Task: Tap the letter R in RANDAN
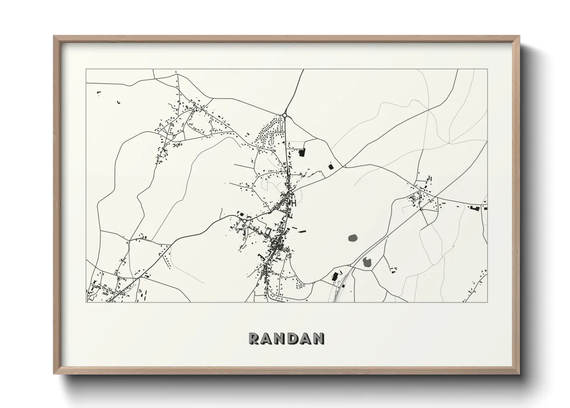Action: coord(255,338)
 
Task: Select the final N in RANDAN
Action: coord(318,338)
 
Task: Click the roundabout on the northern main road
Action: coord(285,115)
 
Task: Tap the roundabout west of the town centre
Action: coord(244,221)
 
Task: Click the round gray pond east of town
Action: coord(353,238)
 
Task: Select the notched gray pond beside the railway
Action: coord(367,263)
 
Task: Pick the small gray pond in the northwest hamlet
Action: coord(187,108)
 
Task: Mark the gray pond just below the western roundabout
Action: coord(243,225)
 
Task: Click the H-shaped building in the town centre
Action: coord(294,202)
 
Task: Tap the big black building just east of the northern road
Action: coord(302,153)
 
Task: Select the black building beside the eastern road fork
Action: coord(330,167)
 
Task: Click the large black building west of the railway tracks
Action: coord(335,276)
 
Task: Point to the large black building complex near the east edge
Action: coord(475,208)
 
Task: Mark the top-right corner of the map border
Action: coord(487,69)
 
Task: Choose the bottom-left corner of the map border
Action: coord(86,302)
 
